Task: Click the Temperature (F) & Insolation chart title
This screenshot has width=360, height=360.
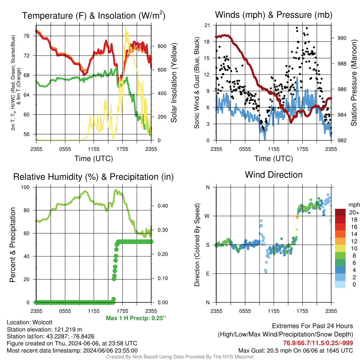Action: [94, 15]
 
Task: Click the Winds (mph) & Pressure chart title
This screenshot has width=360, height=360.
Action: [274, 15]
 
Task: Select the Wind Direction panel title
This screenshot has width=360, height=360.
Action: [274, 175]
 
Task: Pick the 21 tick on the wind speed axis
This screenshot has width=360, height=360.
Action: [208, 25]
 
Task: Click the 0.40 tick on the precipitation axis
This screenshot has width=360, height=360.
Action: [160, 206]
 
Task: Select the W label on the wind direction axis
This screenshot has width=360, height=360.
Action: [207, 216]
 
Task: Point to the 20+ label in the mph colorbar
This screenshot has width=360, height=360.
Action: [353, 213]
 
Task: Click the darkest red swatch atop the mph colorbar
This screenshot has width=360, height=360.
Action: [340, 212]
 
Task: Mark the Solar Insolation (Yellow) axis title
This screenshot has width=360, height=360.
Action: [174, 83]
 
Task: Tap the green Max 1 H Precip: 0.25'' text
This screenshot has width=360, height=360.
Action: [136, 318]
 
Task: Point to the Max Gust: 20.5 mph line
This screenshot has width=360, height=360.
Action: [296, 350]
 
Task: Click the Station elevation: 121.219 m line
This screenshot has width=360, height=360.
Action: [44, 329]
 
